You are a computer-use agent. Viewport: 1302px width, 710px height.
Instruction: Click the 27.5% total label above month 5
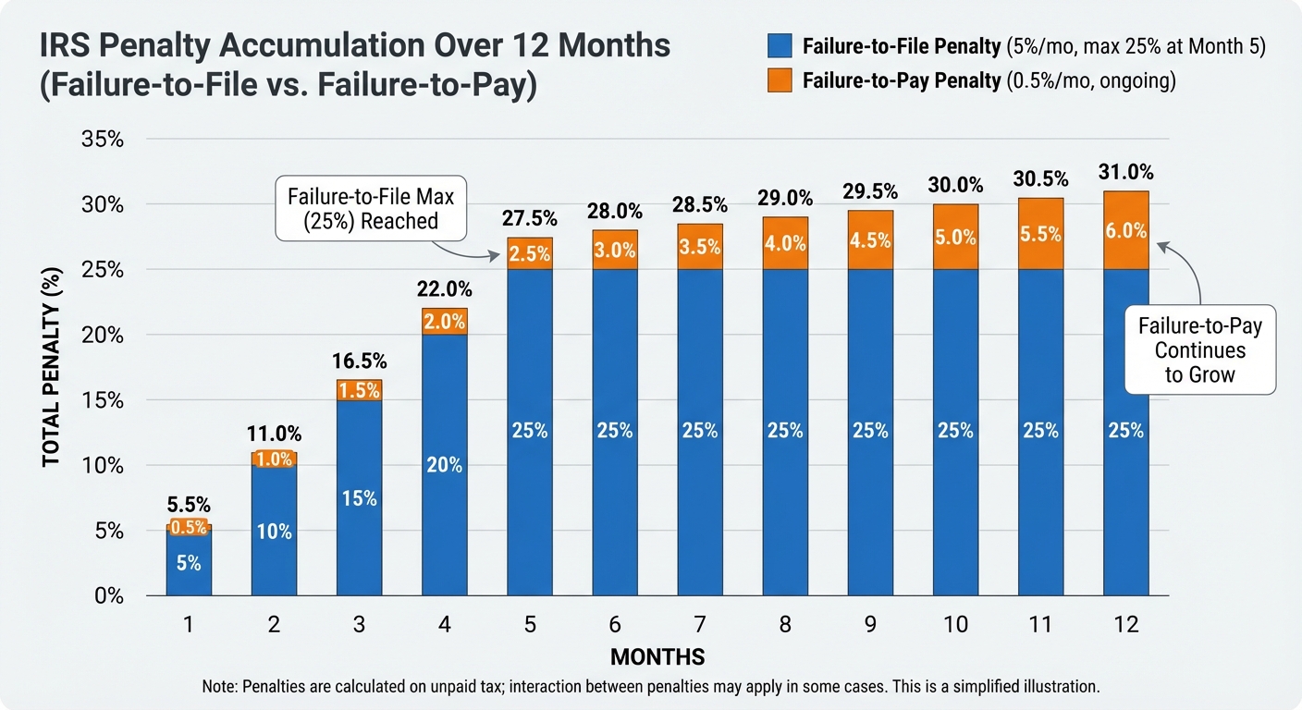pos(530,219)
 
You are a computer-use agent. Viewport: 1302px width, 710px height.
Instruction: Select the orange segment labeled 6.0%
pos(1125,231)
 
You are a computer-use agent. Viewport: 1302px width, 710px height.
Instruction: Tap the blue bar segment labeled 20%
pos(445,465)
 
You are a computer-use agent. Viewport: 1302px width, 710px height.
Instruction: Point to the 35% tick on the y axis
pos(104,140)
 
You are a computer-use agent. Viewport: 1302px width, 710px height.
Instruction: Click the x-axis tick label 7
pos(700,625)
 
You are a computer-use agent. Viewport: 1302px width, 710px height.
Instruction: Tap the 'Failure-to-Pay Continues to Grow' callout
pos(1199,350)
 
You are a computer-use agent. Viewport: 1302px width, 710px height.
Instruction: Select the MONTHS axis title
pos(657,657)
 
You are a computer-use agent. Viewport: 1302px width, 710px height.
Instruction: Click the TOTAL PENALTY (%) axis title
pos(53,368)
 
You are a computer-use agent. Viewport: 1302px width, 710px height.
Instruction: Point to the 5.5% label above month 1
pos(189,505)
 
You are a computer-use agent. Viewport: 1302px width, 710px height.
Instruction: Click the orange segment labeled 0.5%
pos(189,527)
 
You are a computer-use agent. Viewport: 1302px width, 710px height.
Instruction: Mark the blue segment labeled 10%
pos(274,532)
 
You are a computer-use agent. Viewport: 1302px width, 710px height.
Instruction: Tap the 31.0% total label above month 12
pos(1125,172)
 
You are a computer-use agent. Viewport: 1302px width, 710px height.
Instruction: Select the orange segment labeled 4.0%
pos(785,244)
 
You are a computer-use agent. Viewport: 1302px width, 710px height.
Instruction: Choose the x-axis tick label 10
pos(955,625)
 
